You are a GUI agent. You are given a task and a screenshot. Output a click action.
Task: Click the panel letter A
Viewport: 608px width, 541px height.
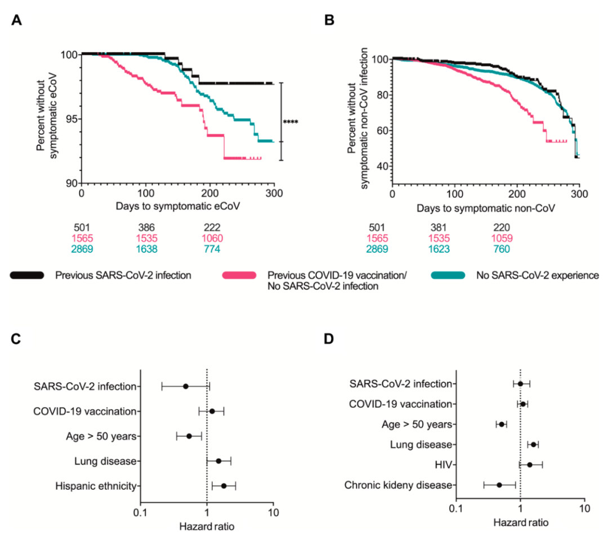[x=17, y=21]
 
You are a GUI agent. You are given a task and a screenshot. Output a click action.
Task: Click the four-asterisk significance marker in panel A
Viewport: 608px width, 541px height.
[x=290, y=122]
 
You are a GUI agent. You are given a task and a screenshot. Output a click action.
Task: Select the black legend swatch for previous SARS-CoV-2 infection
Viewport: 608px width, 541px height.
[x=26, y=275]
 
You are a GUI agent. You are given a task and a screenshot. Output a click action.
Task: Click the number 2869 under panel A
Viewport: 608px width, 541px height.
[x=82, y=248]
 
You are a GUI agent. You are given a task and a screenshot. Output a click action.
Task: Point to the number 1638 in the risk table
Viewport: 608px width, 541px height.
[x=146, y=248]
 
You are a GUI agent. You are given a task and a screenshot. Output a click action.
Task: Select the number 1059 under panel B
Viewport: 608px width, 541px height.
[x=502, y=238]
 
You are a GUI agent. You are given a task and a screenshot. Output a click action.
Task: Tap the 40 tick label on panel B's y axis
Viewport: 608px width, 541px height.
[x=381, y=167]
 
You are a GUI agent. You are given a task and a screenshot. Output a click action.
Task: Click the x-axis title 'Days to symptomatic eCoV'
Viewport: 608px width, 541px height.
[x=178, y=206]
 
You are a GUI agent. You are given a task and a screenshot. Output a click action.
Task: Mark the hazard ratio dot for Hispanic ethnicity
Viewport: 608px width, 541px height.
[x=223, y=486]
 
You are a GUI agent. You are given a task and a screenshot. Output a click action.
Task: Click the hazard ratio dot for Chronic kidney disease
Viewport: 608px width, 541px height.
[x=499, y=485]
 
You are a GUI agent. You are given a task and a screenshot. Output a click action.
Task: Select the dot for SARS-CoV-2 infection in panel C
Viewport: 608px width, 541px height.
[x=186, y=386]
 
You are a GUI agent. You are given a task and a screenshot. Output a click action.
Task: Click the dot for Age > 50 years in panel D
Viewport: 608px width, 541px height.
[x=502, y=424]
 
